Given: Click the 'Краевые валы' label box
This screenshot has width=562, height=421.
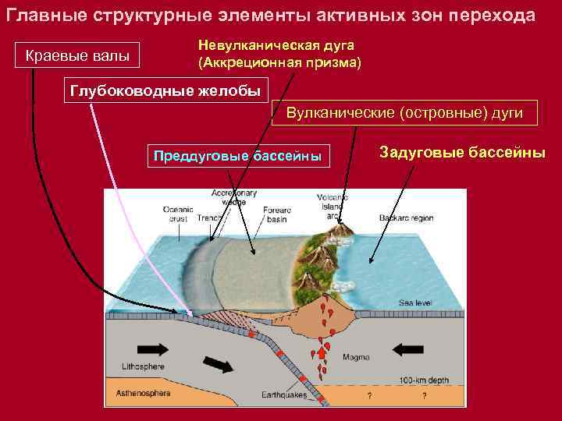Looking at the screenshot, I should click(x=78, y=56).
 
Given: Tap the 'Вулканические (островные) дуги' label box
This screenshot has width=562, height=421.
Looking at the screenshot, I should click(x=404, y=114).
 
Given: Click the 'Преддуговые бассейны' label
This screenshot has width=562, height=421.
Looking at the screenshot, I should click(x=238, y=154).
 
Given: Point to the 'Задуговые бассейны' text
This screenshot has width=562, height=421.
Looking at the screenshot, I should click(x=462, y=152).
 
